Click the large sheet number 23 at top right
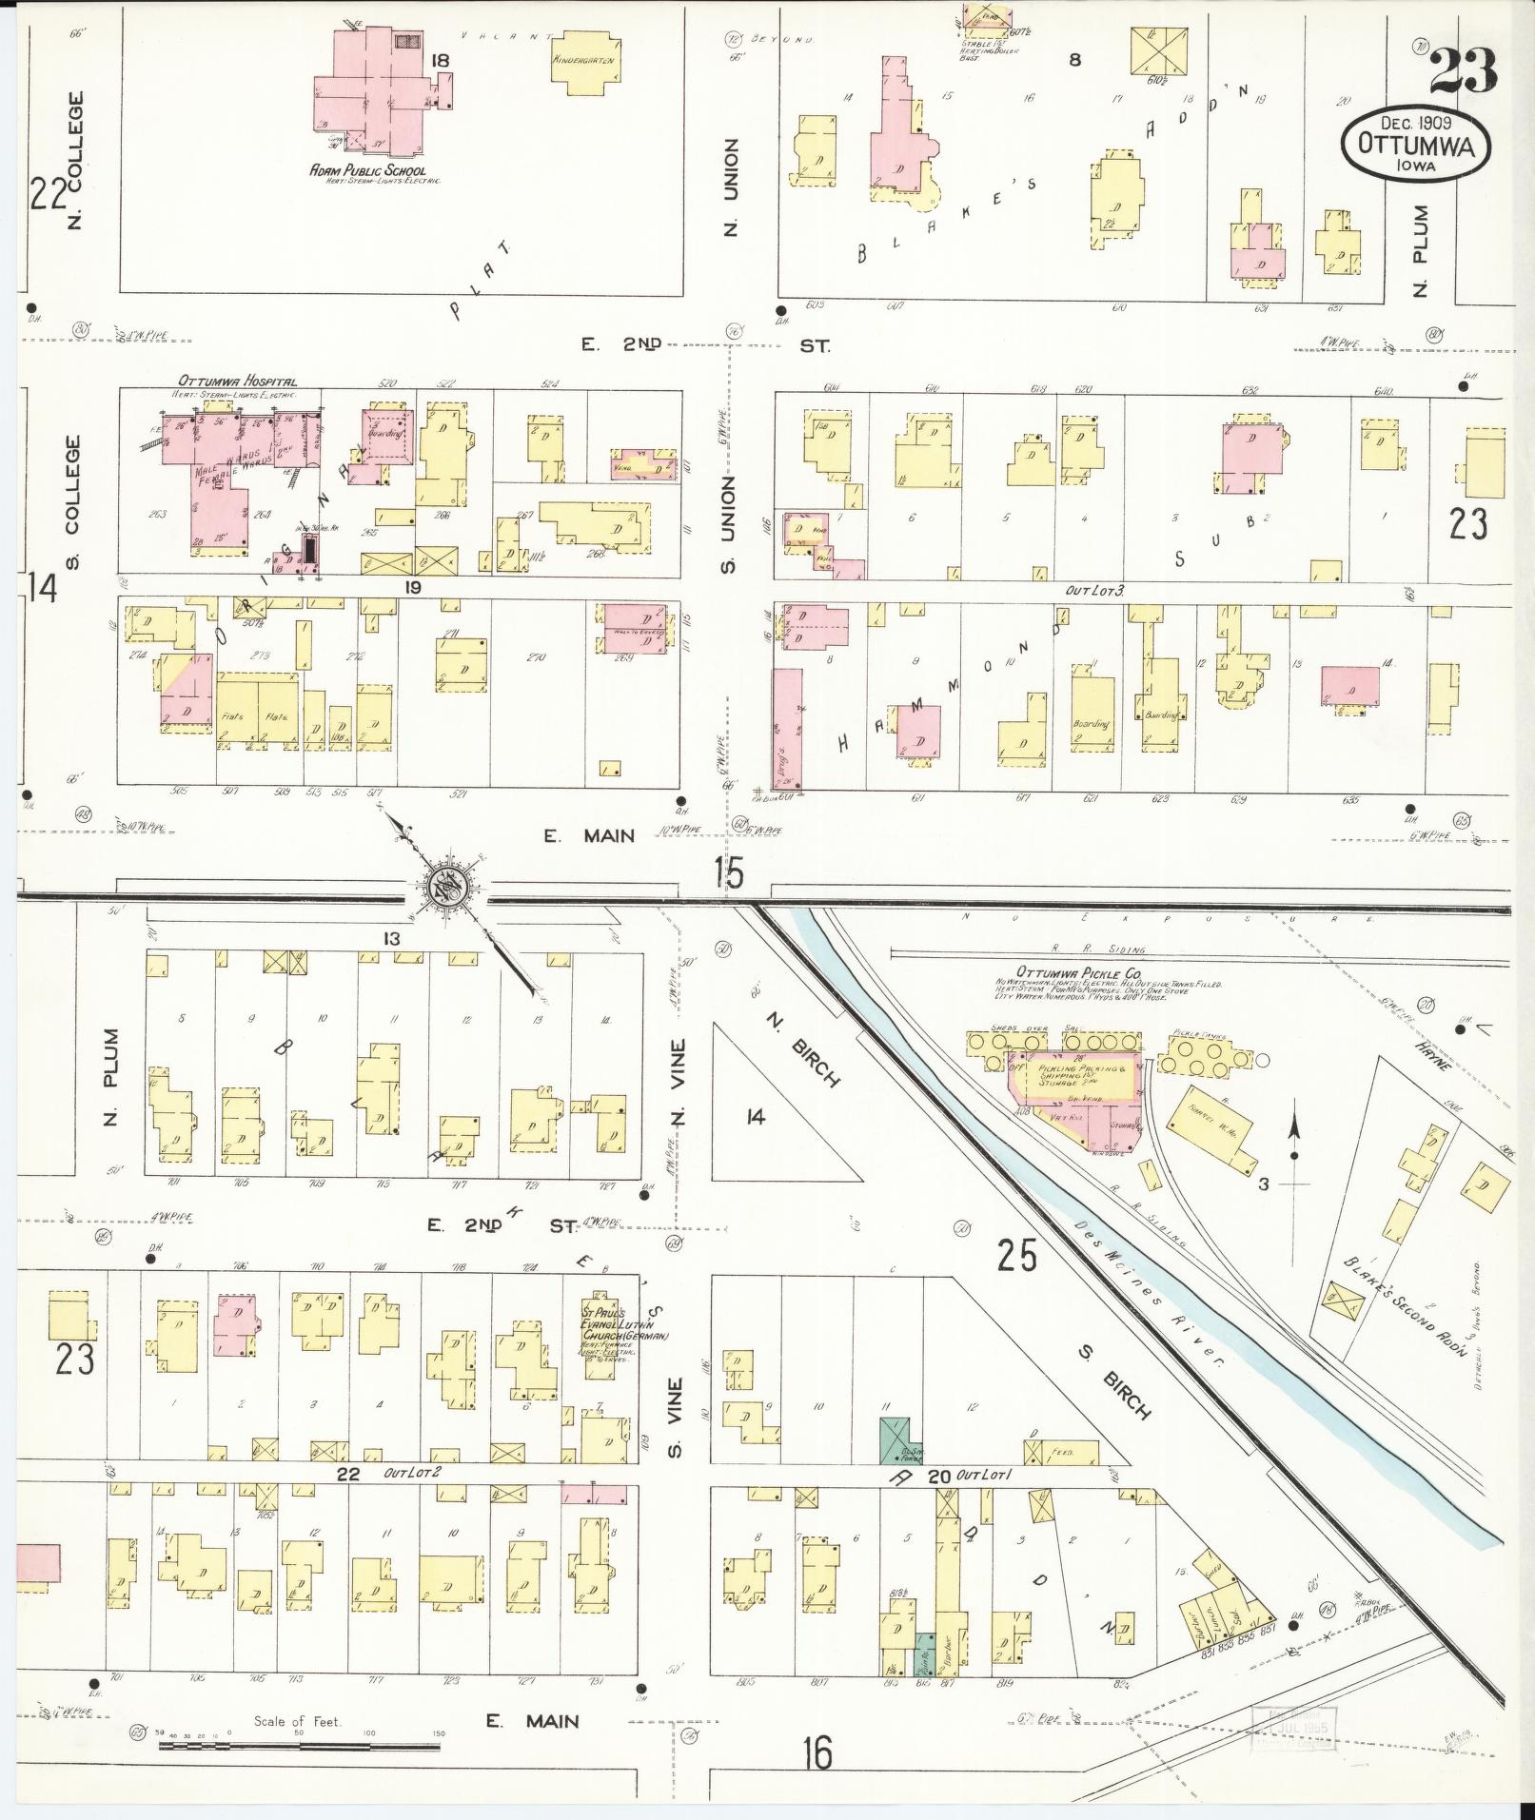click(x=1462, y=71)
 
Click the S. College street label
click(x=73, y=502)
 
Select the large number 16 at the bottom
click(x=817, y=1752)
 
